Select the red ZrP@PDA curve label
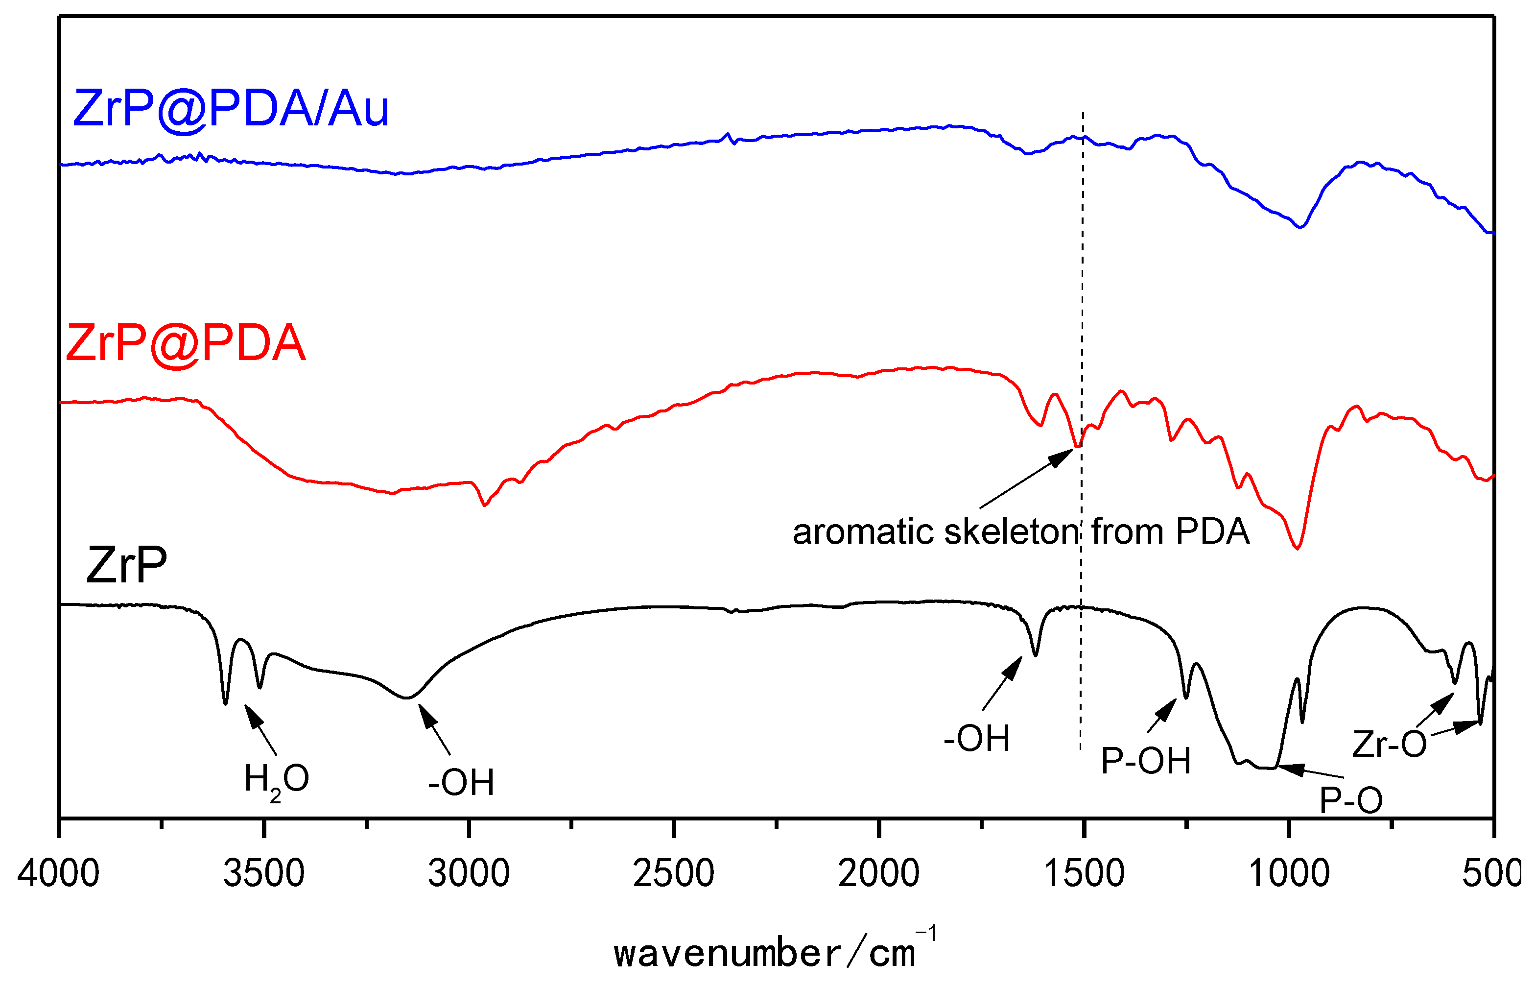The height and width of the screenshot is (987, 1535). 186,343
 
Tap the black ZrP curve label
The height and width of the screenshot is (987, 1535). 126,565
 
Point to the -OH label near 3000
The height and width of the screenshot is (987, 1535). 461,783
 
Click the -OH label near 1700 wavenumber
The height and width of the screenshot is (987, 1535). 976,738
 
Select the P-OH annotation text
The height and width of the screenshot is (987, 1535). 1145,761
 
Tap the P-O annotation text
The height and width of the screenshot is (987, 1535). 1351,800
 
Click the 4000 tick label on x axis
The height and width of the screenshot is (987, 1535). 58,873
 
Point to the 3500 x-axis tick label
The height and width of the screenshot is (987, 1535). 264,873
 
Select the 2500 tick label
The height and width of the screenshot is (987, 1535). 674,873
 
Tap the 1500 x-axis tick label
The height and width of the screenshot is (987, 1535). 1084,873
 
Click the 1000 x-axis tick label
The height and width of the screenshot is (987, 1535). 1289,873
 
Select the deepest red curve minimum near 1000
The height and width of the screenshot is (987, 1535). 1298,548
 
